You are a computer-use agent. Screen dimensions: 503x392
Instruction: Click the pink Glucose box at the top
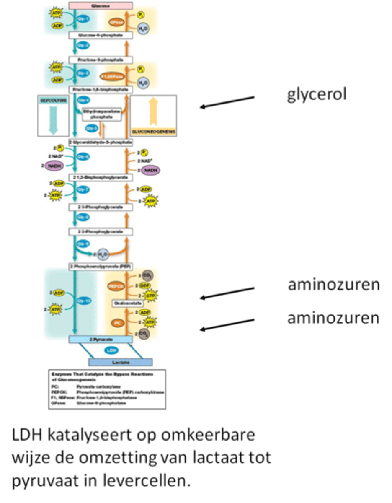point(101,5)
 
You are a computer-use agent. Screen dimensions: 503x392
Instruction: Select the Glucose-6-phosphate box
point(101,36)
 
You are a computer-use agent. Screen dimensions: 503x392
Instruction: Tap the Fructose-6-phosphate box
point(101,60)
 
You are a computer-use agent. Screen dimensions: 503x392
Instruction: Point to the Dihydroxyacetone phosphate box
point(101,114)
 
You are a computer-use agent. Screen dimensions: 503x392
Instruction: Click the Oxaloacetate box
point(128,303)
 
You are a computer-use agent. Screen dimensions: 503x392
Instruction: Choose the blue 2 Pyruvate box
point(101,340)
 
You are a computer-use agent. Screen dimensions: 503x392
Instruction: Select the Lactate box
point(120,362)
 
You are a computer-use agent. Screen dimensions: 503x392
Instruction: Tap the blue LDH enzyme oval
point(111,350)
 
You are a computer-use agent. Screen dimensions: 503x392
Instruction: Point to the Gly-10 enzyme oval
point(84,301)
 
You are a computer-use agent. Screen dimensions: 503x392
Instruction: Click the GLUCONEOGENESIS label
point(153,132)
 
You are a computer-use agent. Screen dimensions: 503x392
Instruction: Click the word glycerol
point(317,94)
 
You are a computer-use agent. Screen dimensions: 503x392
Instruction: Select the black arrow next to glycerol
point(227,102)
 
